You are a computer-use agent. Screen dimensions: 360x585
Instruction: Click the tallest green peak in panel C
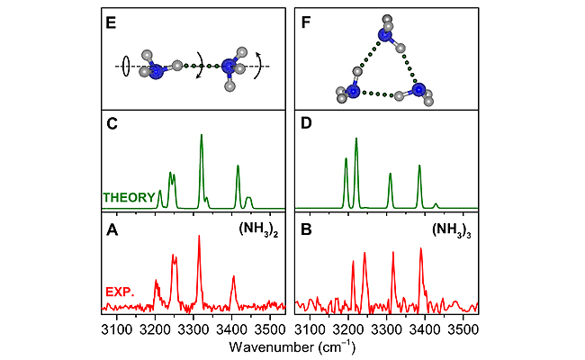tap(201, 137)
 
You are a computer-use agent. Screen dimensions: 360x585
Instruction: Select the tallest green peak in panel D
tap(357, 140)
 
